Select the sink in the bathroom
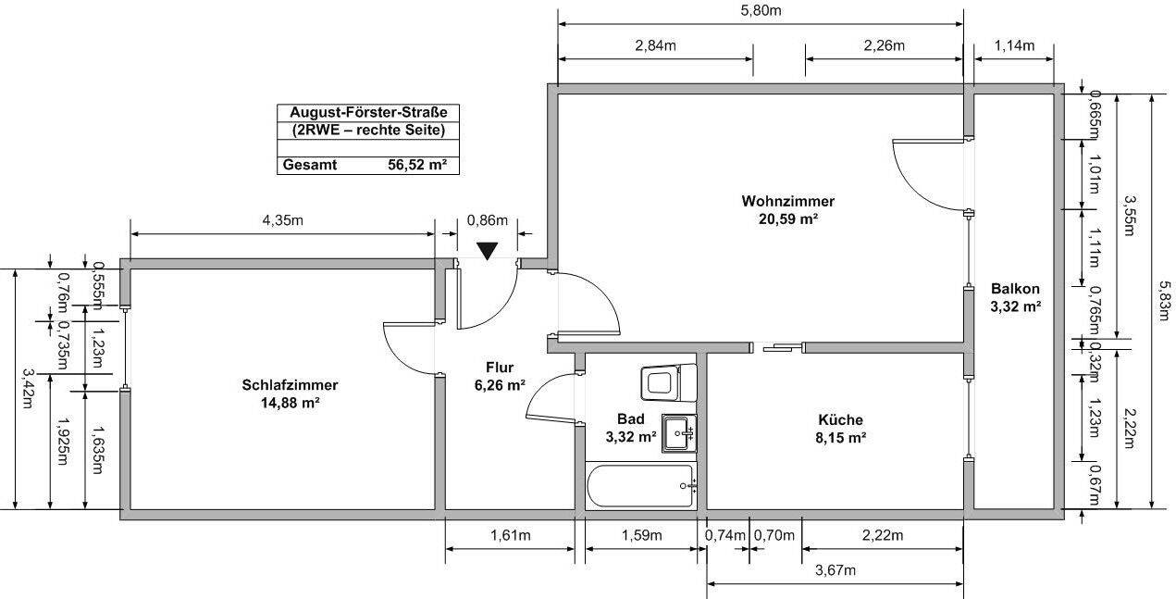(678, 432)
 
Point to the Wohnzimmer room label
(787, 201)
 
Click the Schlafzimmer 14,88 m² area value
(290, 403)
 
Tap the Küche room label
(840, 419)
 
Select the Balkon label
(1015, 287)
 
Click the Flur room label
(498, 367)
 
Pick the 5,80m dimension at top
(761, 11)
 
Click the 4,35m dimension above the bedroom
(282, 220)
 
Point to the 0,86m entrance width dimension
(488, 220)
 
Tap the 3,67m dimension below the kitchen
(836, 570)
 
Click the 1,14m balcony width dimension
(1013, 45)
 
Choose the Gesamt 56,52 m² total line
(367, 166)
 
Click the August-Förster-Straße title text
(367, 113)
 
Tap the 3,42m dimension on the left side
(27, 389)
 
